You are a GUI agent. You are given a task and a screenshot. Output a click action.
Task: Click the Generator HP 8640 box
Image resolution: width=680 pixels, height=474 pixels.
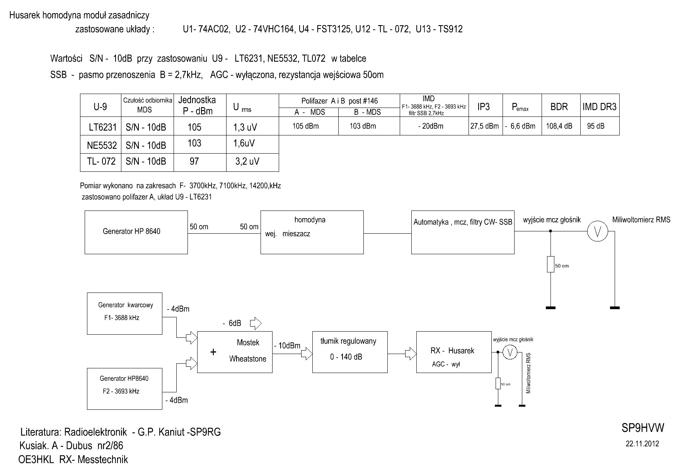click(136, 232)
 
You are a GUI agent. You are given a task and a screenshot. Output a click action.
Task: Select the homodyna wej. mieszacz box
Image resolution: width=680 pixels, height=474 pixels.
click(312, 232)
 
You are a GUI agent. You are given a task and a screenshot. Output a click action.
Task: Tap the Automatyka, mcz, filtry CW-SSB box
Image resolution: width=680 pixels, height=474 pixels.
click(463, 232)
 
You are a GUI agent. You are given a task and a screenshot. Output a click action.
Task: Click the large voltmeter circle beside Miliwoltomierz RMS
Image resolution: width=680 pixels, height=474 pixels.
click(597, 232)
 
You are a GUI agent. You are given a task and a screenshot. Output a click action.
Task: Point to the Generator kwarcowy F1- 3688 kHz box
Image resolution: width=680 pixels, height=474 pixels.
click(124, 313)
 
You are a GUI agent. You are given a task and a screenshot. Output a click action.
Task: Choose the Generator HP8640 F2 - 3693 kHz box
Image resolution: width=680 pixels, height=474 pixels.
click(124, 388)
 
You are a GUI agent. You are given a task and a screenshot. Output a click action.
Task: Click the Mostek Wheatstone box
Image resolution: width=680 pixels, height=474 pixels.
click(235, 352)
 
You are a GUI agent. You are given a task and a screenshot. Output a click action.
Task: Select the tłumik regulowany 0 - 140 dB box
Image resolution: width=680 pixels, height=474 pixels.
click(350, 352)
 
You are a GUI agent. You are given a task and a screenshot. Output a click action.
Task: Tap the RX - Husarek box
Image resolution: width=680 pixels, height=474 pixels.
click(454, 352)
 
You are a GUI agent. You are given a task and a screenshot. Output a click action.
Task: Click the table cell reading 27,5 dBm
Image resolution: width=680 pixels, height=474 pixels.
click(485, 126)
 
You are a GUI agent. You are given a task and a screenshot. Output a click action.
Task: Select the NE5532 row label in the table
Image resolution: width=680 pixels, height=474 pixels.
click(102, 145)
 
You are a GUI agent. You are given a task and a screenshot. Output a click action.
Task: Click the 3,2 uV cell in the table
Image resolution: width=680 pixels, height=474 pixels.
click(247, 162)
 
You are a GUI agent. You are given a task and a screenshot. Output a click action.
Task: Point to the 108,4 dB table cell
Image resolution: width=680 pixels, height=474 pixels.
click(559, 126)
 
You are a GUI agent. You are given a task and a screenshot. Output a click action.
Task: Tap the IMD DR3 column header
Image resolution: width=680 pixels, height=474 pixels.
click(599, 107)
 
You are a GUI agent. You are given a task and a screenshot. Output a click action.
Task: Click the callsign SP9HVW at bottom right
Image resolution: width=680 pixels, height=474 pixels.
click(643, 428)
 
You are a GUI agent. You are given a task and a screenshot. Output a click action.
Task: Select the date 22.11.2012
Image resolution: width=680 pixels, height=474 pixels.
click(642, 444)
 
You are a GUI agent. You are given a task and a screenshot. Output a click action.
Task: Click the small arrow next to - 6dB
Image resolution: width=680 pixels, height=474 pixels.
click(256, 323)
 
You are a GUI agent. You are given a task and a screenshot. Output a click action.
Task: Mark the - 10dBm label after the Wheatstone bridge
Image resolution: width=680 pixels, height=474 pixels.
click(286, 346)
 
